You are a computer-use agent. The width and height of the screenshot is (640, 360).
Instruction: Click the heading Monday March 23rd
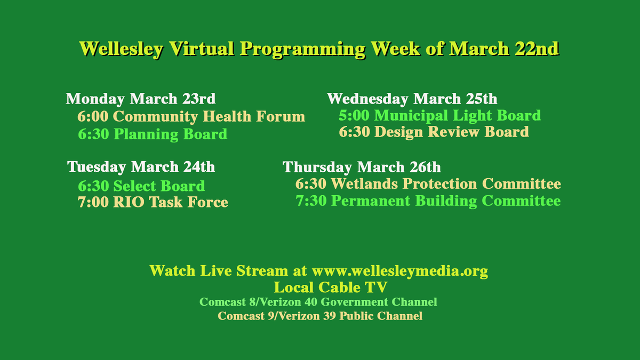click(x=141, y=99)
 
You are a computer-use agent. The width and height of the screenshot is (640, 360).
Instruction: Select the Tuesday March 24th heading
click(x=141, y=167)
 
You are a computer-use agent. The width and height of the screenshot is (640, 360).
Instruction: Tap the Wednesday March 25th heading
click(x=412, y=99)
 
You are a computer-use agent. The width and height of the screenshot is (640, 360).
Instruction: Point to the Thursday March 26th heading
click(x=362, y=167)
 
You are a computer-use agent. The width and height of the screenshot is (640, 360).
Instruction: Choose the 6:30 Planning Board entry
click(x=153, y=134)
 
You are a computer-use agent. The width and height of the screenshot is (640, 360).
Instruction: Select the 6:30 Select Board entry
click(x=141, y=186)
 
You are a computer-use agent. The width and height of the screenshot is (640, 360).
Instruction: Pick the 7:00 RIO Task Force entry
click(x=153, y=203)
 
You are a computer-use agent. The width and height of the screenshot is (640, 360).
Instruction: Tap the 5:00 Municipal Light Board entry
click(x=440, y=115)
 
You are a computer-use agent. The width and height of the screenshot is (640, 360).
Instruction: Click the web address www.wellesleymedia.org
click(x=400, y=271)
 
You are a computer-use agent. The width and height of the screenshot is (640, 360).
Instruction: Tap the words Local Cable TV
click(x=330, y=287)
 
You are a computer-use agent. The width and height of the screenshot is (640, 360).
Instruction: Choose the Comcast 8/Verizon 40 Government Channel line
click(x=318, y=302)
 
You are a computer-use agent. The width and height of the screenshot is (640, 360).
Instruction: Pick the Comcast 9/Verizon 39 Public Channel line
click(x=320, y=316)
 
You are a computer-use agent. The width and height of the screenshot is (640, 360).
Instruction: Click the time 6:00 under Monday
click(x=93, y=116)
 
